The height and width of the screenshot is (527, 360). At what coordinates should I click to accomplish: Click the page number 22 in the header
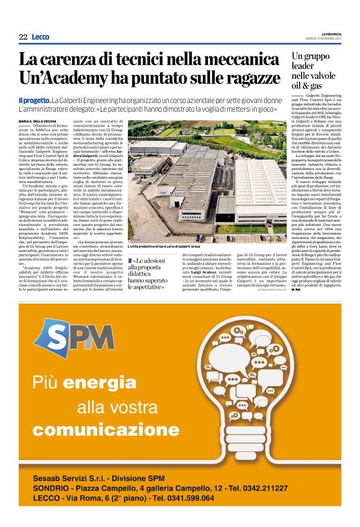click(23, 37)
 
